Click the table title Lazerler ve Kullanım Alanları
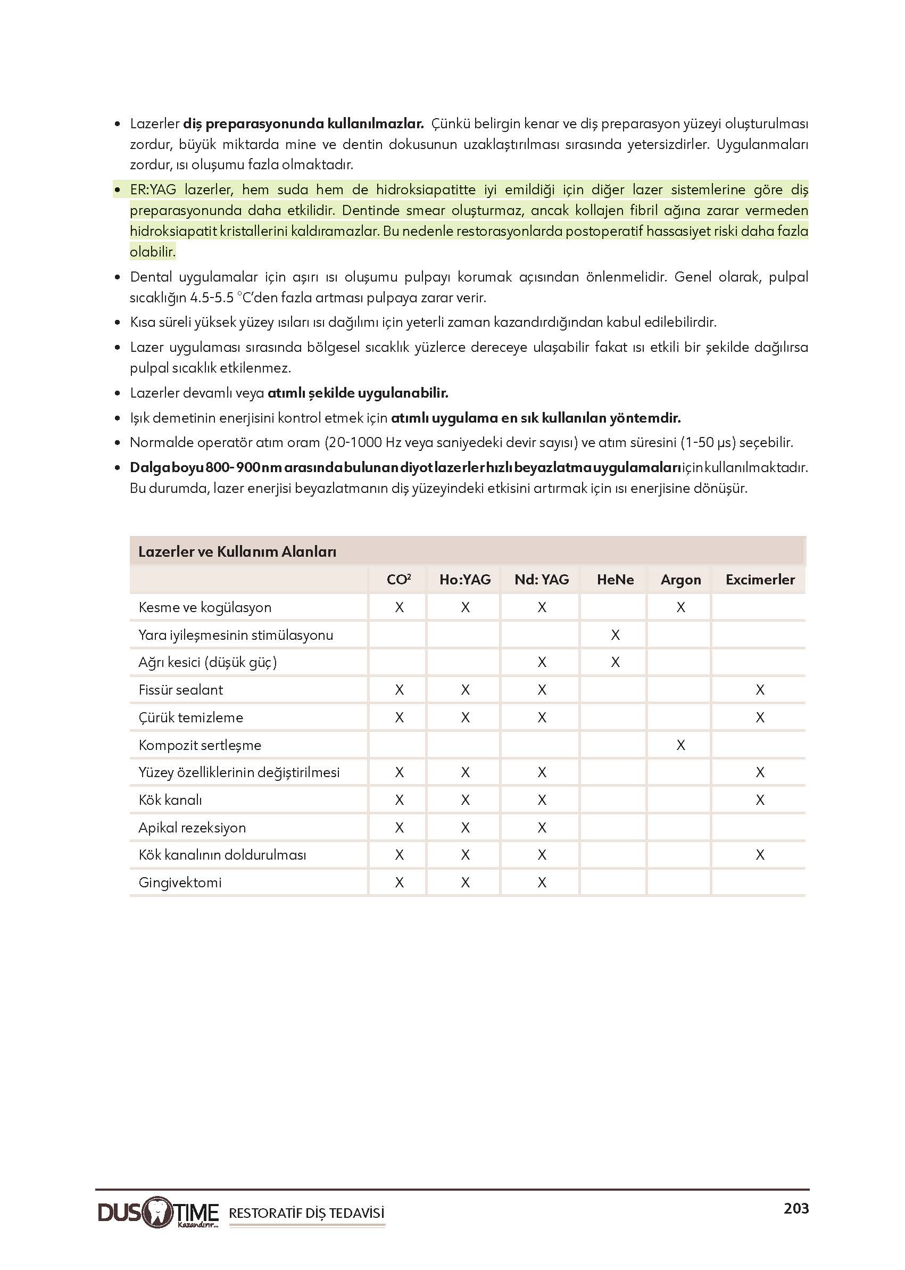tap(237, 551)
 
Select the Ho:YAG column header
tap(465, 580)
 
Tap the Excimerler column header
tap(760, 580)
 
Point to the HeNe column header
tap(615, 580)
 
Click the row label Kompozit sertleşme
tap(200, 745)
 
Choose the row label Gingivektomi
tap(180, 882)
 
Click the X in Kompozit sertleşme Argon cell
tap(680, 745)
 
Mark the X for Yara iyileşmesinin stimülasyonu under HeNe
tap(615, 635)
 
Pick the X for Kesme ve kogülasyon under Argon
tap(680, 607)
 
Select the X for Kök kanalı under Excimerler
tap(760, 800)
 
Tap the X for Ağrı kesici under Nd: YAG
tap(542, 662)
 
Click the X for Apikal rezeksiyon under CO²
tap(399, 827)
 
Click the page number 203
tap(796, 1208)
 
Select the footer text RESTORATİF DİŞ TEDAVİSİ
tap(306, 1213)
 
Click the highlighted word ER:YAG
tap(153, 189)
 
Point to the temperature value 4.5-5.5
tap(212, 298)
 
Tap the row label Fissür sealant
tap(180, 690)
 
